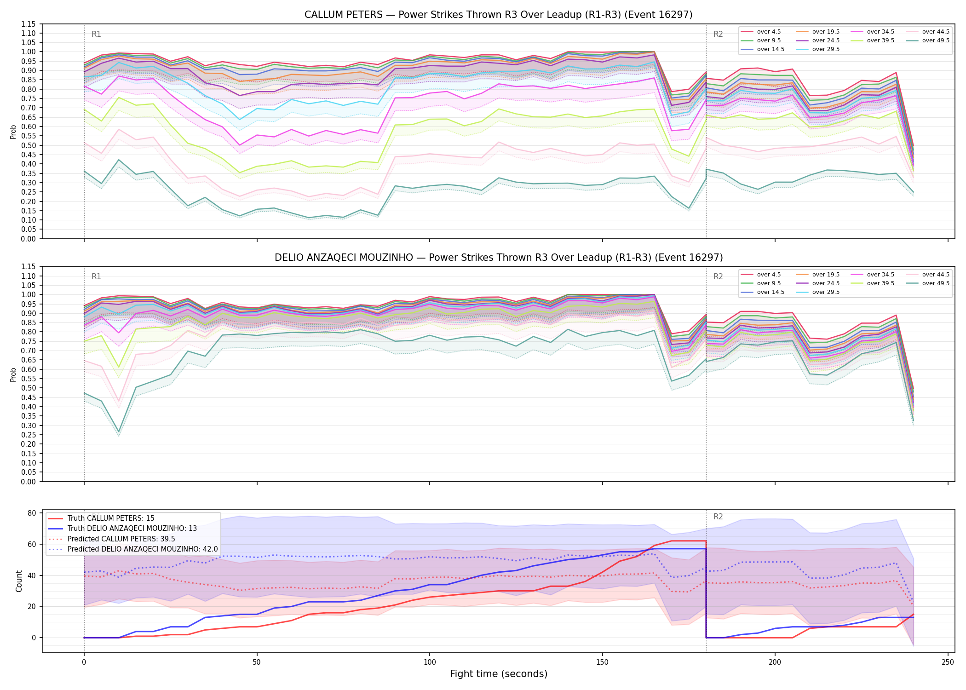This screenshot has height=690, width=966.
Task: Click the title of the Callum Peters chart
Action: (x=499, y=15)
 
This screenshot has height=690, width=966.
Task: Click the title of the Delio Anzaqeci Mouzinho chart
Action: (x=499, y=258)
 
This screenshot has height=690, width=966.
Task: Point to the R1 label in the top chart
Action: (x=96, y=34)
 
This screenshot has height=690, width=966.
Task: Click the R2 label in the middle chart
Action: (x=718, y=276)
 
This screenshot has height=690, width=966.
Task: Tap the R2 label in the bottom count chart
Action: (x=718, y=517)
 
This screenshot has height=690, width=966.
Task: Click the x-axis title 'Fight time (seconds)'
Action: (x=499, y=674)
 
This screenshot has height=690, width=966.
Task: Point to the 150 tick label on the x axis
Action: (x=602, y=662)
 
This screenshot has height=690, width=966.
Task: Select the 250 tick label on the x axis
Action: (x=948, y=662)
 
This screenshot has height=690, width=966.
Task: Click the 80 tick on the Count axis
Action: (x=32, y=513)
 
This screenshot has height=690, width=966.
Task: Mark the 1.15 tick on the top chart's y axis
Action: (x=29, y=24)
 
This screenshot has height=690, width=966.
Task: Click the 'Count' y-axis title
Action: (x=19, y=581)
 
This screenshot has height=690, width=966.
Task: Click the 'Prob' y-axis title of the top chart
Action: (x=13, y=132)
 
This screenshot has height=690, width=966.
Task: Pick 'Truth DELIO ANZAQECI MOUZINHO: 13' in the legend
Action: (x=132, y=529)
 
